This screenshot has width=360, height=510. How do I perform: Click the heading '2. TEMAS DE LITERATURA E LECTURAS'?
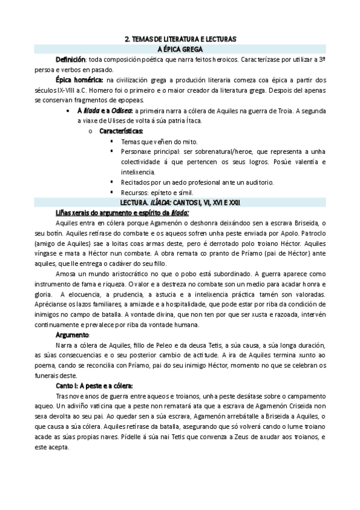pos(180,38)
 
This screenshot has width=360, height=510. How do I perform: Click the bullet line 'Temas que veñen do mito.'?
pos(155,141)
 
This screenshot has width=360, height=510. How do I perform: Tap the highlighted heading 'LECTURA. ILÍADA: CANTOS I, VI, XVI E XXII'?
pos(180,202)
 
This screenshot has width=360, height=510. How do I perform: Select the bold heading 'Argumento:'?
pos(73,334)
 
